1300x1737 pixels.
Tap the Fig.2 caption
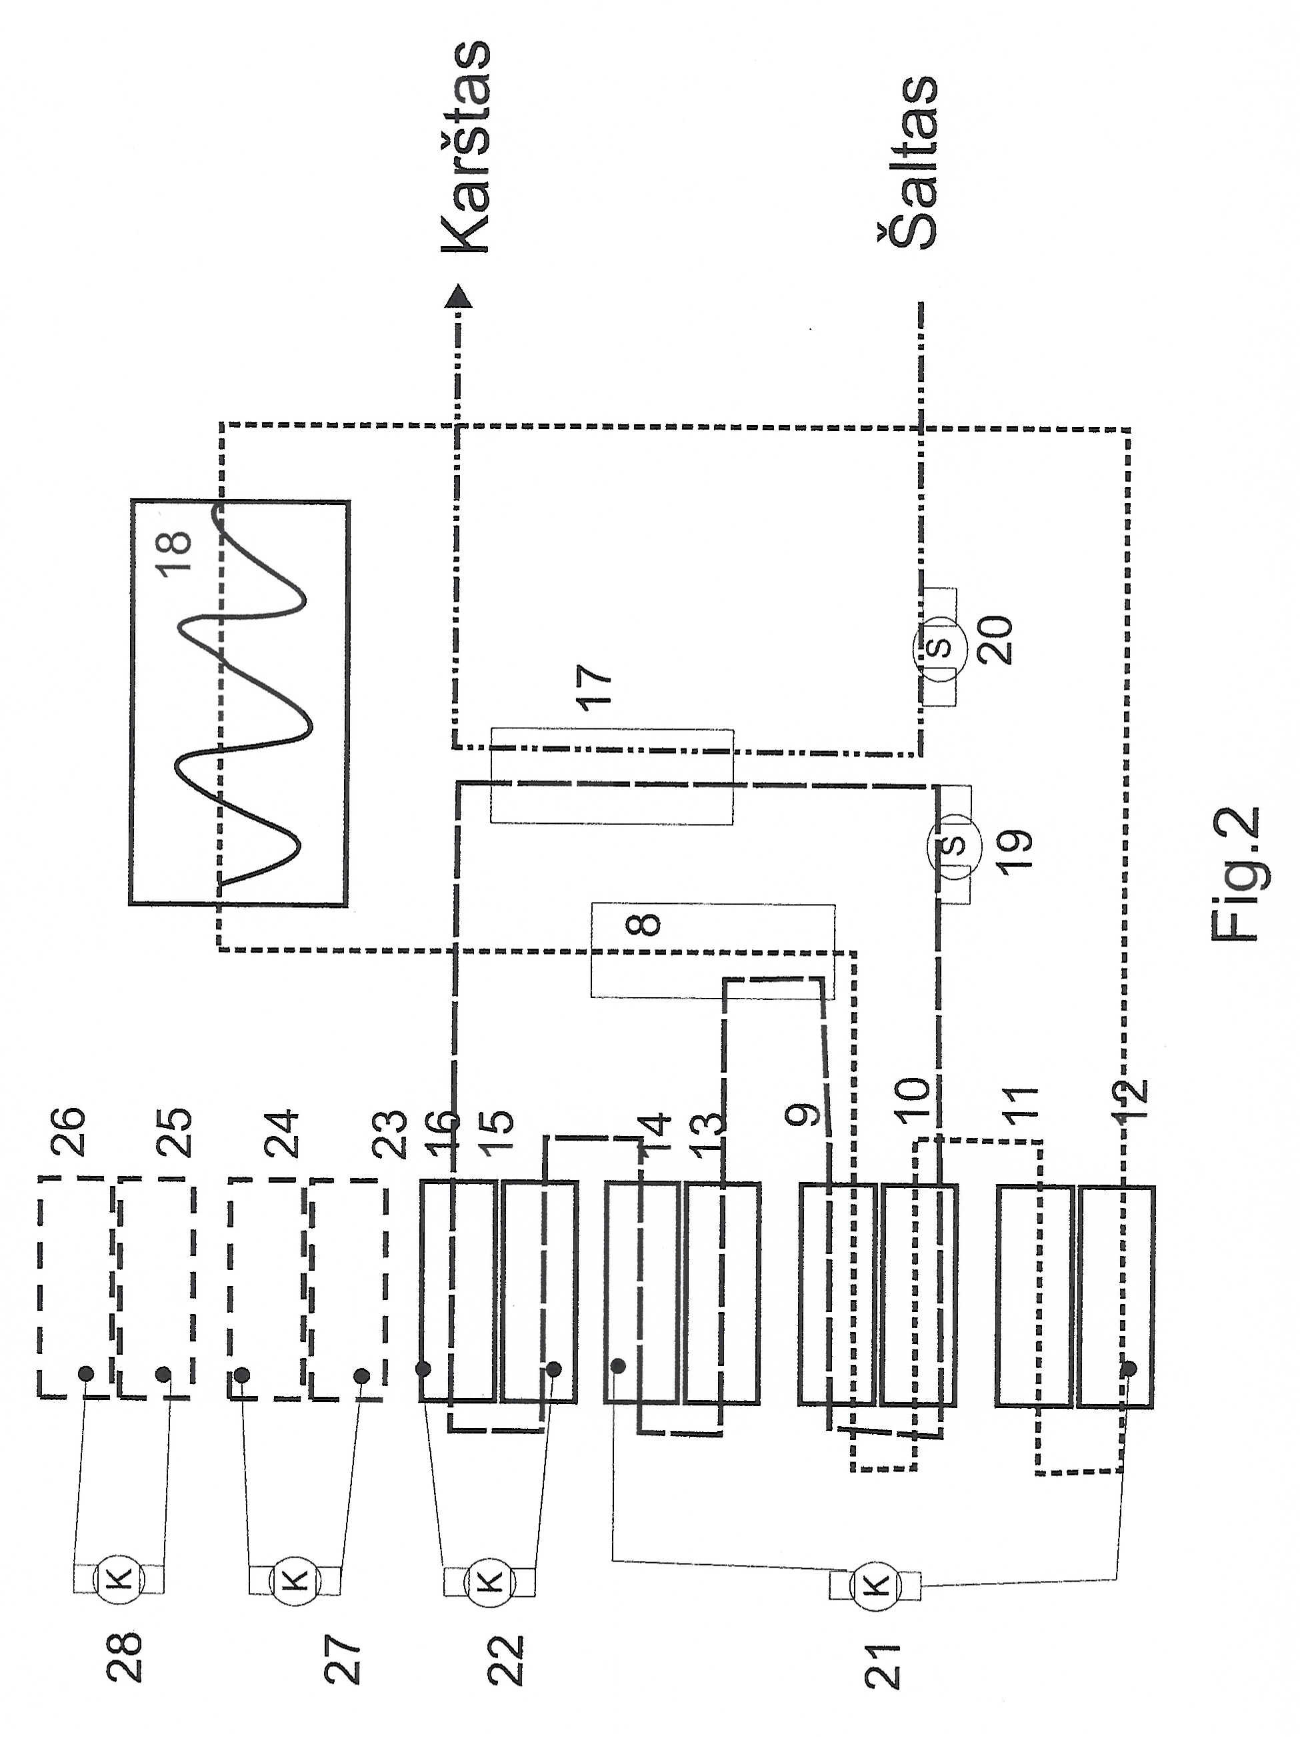[x=1235, y=874]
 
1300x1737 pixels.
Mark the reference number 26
[x=67, y=1131]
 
